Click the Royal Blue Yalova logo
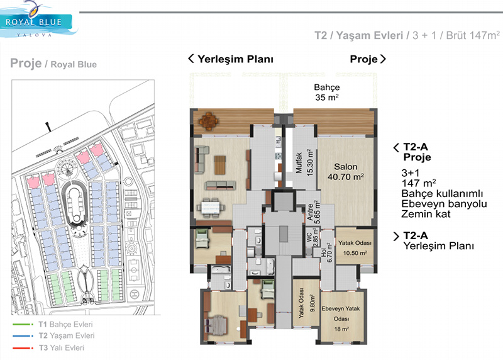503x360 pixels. pyautogui.click(x=38, y=20)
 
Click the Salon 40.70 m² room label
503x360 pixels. pyautogui.click(x=345, y=172)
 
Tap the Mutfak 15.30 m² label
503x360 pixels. pyautogui.click(x=304, y=162)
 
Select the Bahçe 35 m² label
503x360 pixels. pyautogui.click(x=327, y=92)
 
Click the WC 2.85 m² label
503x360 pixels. pyautogui.click(x=312, y=237)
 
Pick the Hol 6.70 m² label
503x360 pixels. pyautogui.click(x=326, y=253)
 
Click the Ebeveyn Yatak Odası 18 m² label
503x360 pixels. pyautogui.click(x=341, y=318)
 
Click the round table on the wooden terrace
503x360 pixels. pyautogui.click(x=209, y=121)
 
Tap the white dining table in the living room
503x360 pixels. pyautogui.click(x=211, y=207)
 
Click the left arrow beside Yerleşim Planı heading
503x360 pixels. pyautogui.click(x=191, y=59)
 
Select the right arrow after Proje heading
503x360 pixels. pyautogui.click(x=383, y=59)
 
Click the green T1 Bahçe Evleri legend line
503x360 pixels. pyautogui.click(x=23, y=324)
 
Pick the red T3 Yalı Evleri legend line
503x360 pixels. pyautogui.click(x=23, y=348)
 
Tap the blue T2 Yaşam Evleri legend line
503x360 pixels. pyautogui.click(x=23, y=336)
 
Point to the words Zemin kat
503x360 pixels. pyautogui.click(x=426, y=214)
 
